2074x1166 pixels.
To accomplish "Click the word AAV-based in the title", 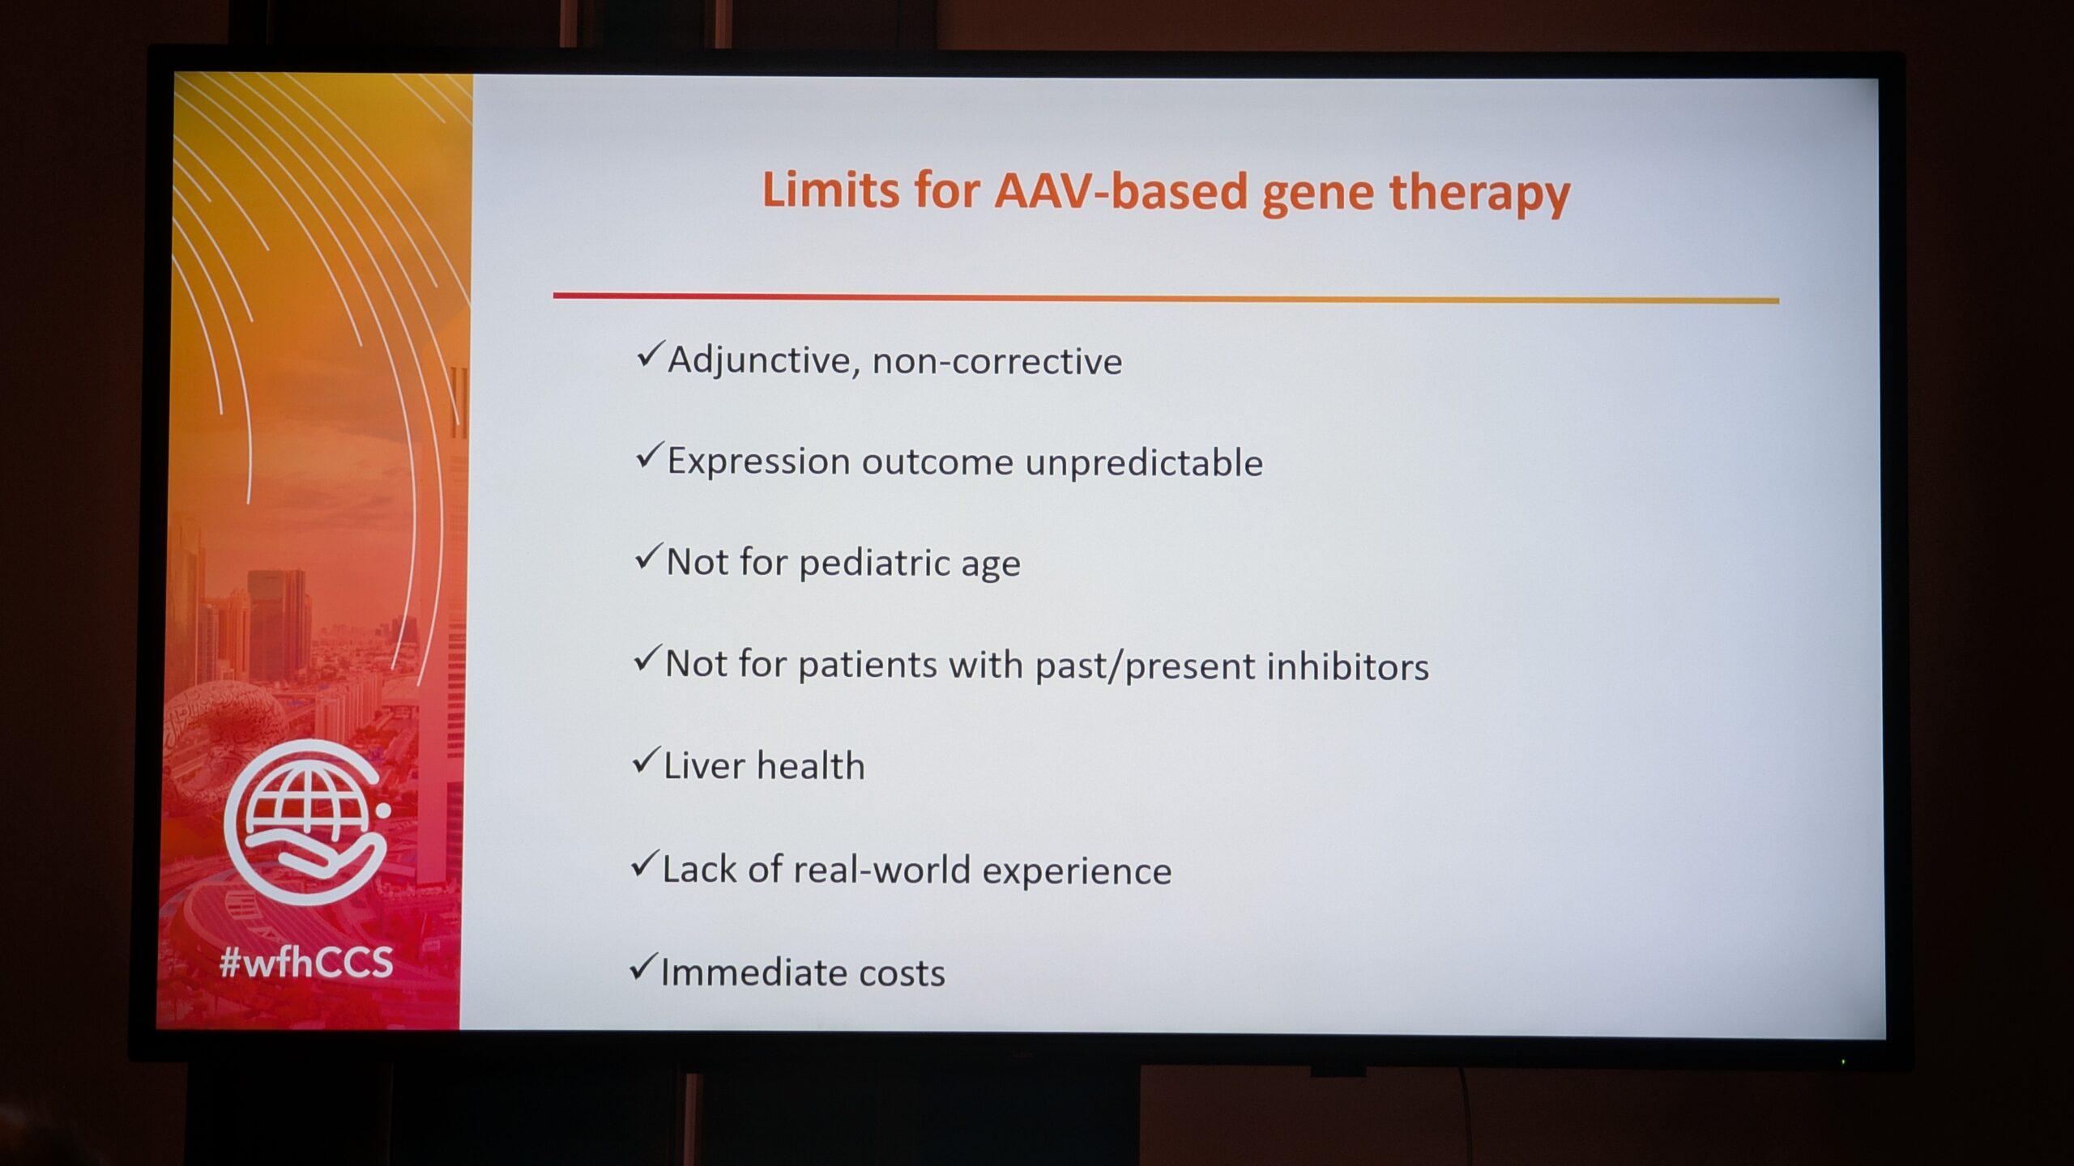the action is click(1121, 191).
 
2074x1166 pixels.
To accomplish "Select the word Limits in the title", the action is click(831, 189).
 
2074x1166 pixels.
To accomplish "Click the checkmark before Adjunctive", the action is click(650, 354).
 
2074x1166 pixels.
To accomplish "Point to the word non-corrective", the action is click(997, 362).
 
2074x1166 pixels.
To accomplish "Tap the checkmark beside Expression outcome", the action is click(650, 455).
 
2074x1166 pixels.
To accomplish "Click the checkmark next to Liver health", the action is click(647, 760).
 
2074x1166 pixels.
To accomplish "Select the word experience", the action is click(1077, 872).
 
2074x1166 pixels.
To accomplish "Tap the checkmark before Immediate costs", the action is click(644, 967).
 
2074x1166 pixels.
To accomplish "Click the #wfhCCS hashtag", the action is click(306, 962).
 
